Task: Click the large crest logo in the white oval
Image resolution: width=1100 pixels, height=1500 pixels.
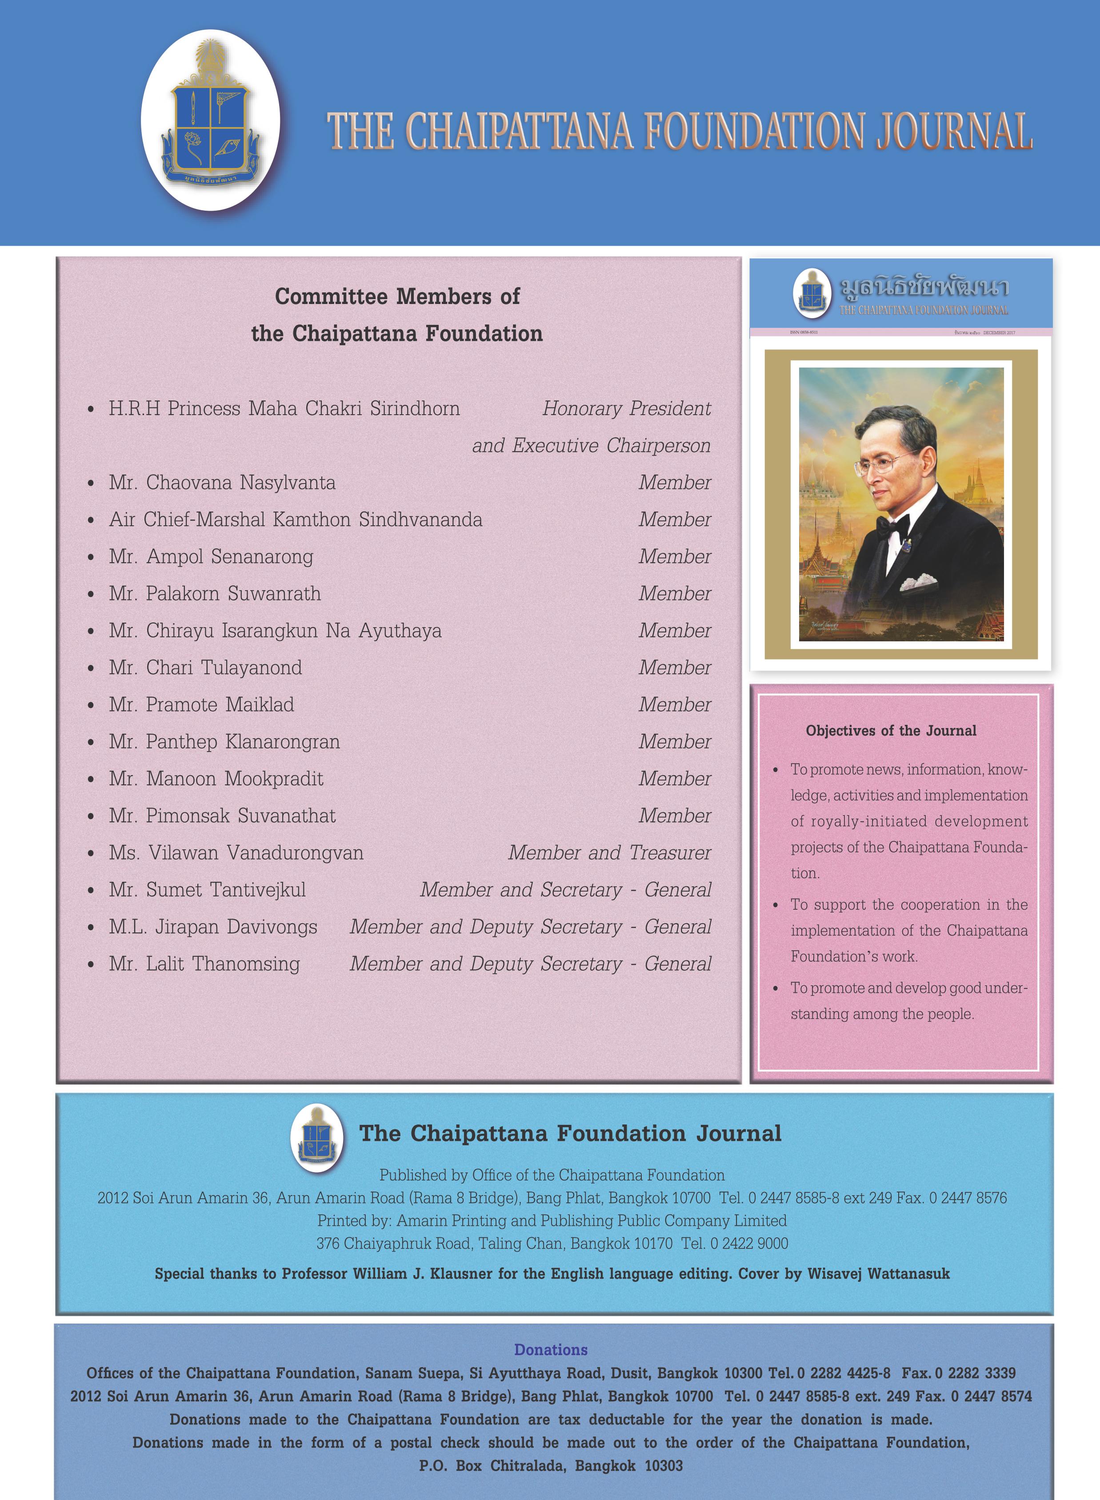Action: [x=210, y=120]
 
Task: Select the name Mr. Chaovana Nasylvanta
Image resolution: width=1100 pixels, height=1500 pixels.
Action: [x=222, y=483]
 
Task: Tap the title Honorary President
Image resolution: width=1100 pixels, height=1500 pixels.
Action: [x=626, y=408]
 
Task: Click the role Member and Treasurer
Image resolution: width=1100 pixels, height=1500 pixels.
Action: [x=609, y=853]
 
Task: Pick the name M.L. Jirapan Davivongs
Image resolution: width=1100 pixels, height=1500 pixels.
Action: [x=213, y=927]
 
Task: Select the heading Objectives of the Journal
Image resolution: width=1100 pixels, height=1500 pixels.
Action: [x=891, y=730]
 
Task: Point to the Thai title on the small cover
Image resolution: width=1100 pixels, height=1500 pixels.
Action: [x=924, y=288]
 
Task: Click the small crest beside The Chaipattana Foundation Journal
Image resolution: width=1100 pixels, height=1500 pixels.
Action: [x=318, y=1137]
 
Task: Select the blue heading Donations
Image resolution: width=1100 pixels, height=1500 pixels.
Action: [x=551, y=1349]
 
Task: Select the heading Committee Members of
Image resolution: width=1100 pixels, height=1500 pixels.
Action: [x=397, y=296]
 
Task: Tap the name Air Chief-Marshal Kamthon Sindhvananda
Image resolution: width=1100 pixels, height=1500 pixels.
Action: [x=296, y=519]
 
